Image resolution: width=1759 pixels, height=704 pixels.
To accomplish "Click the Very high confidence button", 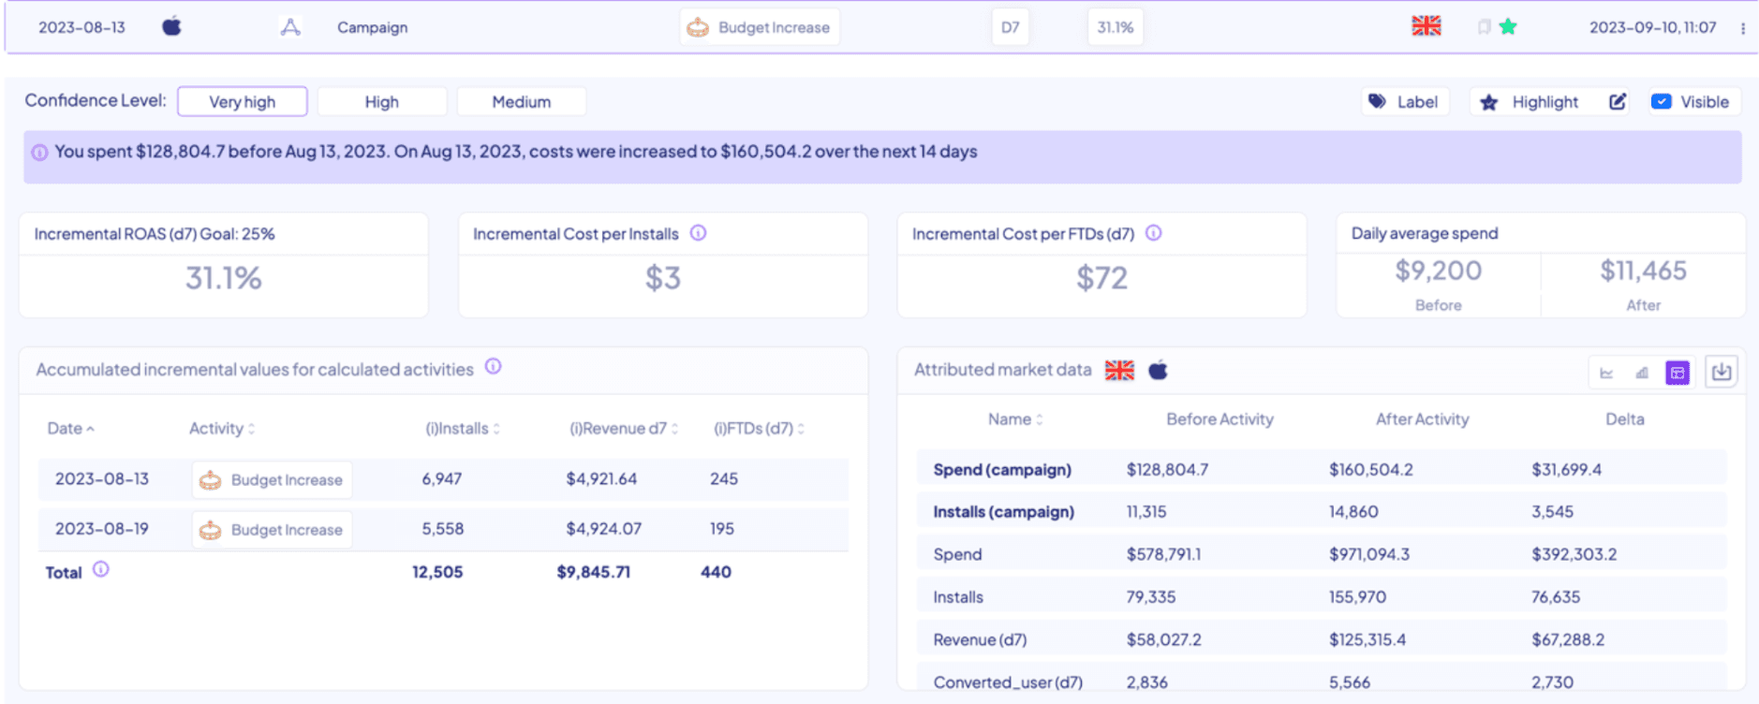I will [x=242, y=102].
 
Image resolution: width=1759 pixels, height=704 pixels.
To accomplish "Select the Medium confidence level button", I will [x=521, y=102].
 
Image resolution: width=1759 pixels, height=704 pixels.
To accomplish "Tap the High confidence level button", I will [x=381, y=102].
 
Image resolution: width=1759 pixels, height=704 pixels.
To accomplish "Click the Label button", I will [x=1404, y=102].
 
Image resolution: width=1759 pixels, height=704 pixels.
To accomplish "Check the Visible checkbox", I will [x=1661, y=102].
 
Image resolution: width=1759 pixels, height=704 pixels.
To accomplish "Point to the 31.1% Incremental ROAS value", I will [x=223, y=278].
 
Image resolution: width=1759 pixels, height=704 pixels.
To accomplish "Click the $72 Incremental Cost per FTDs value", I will [x=1101, y=278].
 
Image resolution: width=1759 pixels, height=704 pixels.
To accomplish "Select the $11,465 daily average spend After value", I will [x=1643, y=271].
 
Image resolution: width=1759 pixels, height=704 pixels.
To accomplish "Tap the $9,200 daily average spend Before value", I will [x=1438, y=271].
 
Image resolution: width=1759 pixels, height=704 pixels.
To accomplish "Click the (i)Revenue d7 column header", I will [x=619, y=429].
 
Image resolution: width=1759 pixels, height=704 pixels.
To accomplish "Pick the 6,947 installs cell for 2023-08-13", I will [x=441, y=479].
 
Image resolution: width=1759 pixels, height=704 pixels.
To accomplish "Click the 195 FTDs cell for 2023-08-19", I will [x=721, y=529].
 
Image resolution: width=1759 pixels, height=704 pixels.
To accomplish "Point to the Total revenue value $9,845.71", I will [x=593, y=572].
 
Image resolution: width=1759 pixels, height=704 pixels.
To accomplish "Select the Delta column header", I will [x=1624, y=419].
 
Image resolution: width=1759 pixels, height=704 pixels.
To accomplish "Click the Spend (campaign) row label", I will [x=1001, y=470].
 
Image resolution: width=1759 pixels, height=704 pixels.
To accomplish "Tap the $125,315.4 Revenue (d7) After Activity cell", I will [x=1367, y=640].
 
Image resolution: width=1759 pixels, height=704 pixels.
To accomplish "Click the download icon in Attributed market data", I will [x=1721, y=373].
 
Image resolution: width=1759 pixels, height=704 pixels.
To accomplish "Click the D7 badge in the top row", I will [x=1010, y=28].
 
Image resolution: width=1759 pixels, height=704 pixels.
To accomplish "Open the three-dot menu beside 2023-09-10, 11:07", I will [x=1742, y=28].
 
